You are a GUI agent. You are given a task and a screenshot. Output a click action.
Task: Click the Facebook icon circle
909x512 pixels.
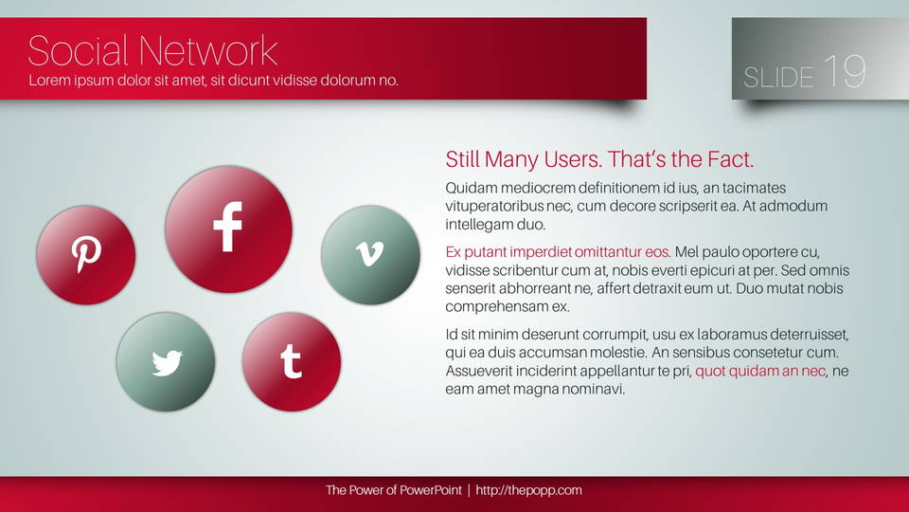[228, 229]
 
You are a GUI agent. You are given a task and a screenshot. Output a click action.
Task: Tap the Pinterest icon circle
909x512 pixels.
[86, 255]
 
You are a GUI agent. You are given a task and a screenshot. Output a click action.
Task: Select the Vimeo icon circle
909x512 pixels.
[370, 255]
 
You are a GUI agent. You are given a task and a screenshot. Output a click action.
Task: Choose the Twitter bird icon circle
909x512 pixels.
[166, 362]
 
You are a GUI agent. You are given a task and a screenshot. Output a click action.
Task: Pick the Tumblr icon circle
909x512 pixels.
[292, 362]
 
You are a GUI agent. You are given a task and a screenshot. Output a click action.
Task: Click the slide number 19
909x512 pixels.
[845, 71]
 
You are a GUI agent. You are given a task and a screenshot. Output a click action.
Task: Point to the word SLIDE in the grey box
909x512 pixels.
[778, 78]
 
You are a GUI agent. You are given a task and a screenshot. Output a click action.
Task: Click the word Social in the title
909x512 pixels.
[78, 50]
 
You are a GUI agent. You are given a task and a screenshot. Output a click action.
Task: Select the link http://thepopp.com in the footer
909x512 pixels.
[528, 490]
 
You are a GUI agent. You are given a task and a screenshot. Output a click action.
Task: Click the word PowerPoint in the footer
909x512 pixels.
[431, 490]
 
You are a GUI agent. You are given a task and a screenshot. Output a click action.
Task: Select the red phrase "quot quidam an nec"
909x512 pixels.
[760, 371]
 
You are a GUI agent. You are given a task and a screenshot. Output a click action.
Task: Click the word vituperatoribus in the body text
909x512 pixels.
[493, 206]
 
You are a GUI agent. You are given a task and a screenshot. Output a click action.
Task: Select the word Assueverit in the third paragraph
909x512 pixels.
[479, 371]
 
